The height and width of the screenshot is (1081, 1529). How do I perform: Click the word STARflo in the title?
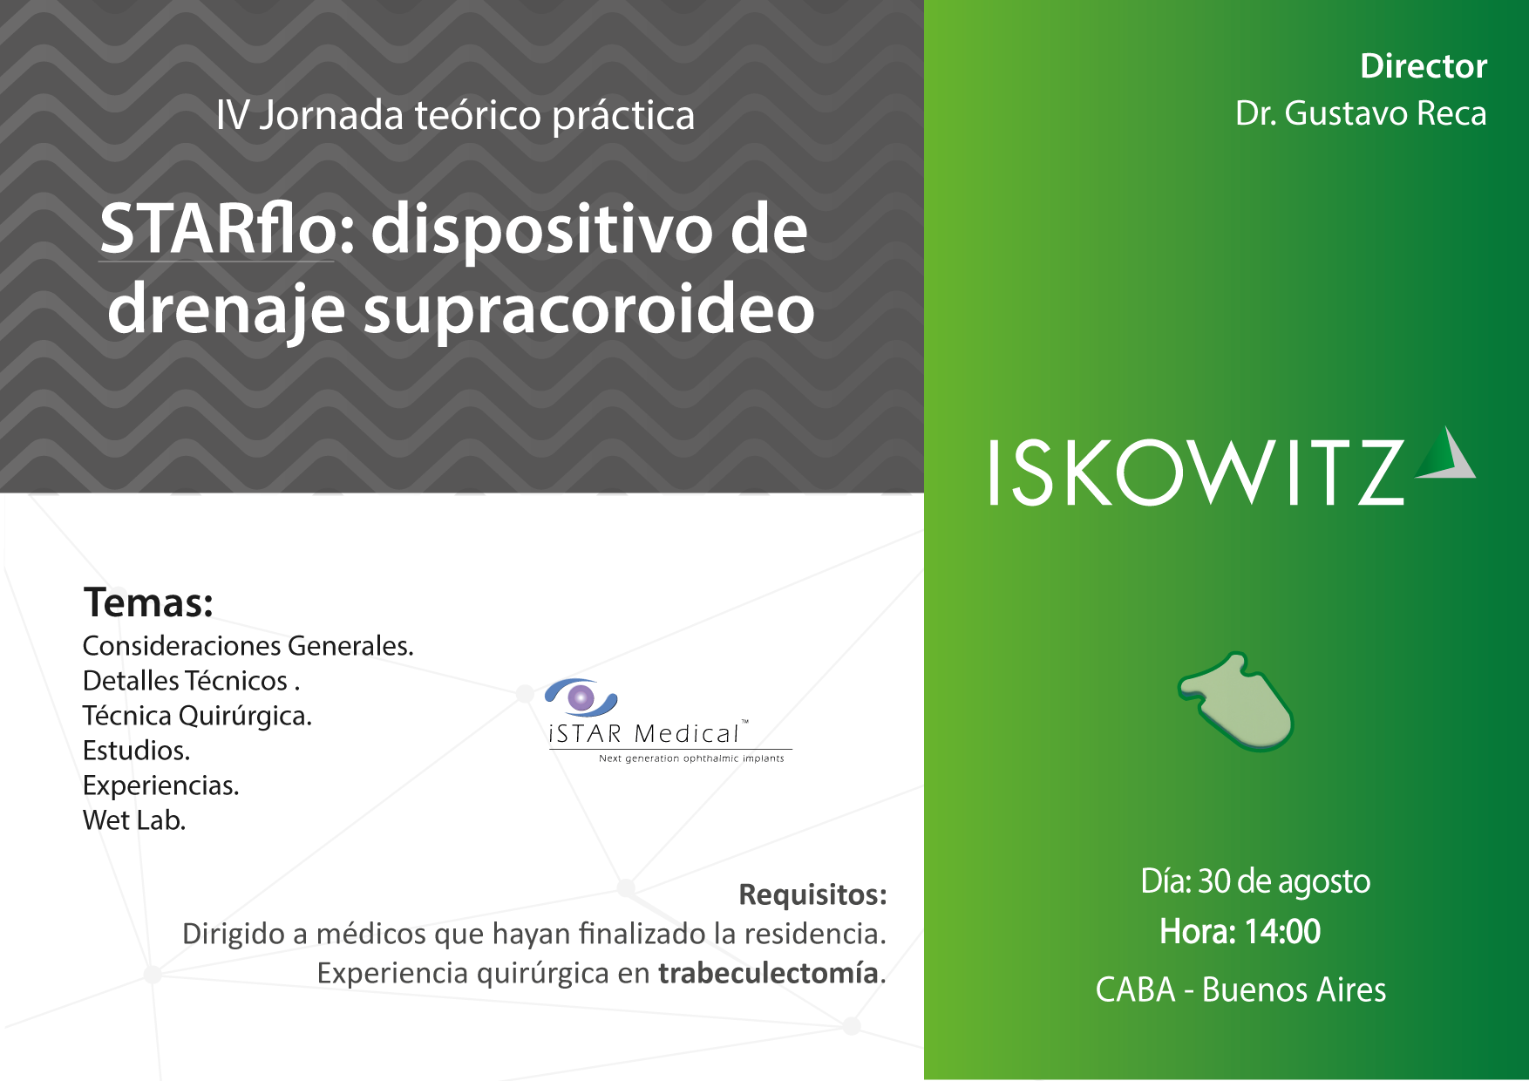[x=218, y=228]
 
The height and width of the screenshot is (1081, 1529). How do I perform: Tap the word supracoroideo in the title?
[x=588, y=310]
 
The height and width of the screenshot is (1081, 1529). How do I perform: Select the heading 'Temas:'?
[x=148, y=602]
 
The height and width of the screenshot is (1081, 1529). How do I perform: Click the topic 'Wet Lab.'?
[x=134, y=820]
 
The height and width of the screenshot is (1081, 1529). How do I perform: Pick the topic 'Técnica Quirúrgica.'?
[x=197, y=716]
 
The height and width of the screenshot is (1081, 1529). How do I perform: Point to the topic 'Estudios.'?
[x=136, y=751]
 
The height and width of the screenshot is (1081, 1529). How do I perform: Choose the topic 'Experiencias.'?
[x=160, y=786]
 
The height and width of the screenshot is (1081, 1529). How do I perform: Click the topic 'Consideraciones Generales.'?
[x=248, y=646]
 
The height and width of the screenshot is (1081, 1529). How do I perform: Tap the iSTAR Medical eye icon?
[x=581, y=697]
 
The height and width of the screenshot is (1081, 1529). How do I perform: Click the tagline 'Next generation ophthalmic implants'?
[x=691, y=758]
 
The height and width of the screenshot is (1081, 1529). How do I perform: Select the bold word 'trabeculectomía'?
[x=768, y=973]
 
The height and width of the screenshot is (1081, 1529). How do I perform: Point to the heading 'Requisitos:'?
[x=812, y=894]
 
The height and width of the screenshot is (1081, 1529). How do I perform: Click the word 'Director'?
[x=1424, y=66]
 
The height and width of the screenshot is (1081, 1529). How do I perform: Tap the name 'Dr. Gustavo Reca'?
[x=1361, y=113]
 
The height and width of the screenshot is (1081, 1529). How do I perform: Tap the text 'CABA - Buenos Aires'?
[x=1240, y=990]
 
